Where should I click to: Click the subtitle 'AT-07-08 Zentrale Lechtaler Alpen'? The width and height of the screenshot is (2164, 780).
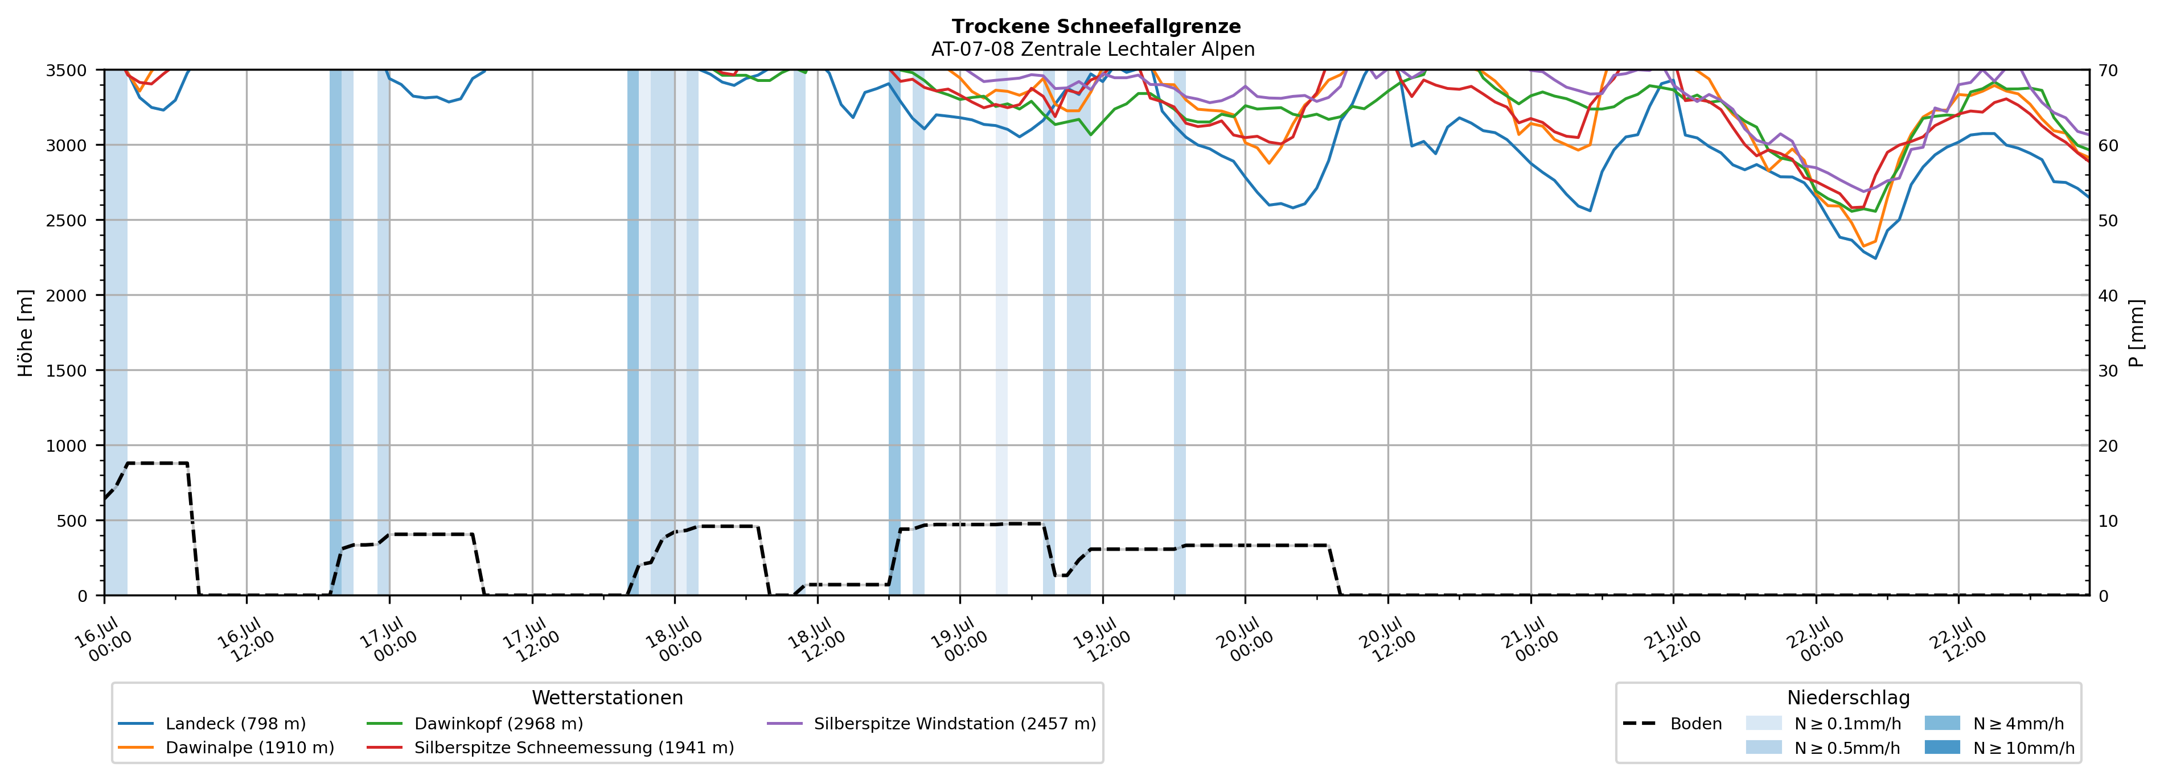point(1093,49)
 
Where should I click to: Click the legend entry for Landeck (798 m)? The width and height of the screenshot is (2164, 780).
point(212,724)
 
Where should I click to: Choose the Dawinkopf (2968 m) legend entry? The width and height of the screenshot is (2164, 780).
point(475,724)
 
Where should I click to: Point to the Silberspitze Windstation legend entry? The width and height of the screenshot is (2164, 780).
point(931,724)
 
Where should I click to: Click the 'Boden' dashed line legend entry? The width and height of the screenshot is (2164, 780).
point(1672,724)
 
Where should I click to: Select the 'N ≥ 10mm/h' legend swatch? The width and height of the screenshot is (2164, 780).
point(1942,747)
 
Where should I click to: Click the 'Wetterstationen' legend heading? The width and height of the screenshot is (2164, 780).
point(607,698)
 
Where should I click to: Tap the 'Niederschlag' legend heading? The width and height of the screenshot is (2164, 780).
point(1848,698)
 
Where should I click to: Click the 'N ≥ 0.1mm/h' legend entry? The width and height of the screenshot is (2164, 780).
point(1823,724)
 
